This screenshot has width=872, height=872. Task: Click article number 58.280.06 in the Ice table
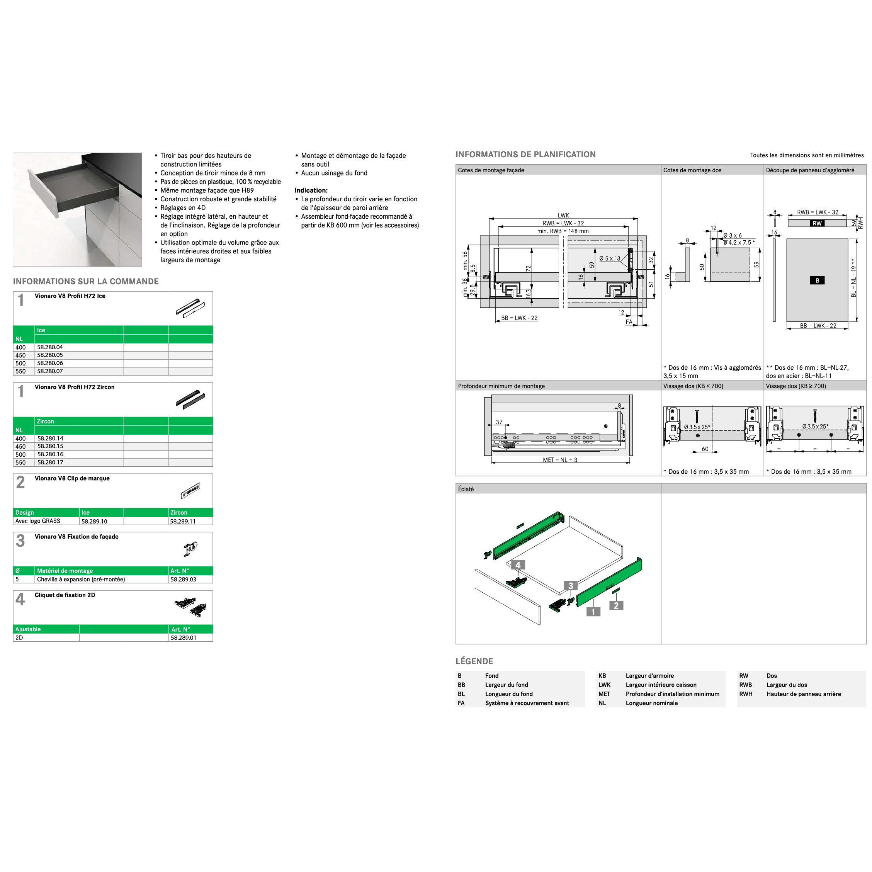pos(50,363)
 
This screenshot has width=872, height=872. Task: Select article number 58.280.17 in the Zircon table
pos(50,462)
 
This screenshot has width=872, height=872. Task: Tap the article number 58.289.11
pos(183,521)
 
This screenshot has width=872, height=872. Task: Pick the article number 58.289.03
pos(183,580)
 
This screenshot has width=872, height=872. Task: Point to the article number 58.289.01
pos(183,638)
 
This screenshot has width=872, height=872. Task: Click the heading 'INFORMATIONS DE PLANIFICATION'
pos(525,155)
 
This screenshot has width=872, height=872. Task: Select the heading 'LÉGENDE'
pos(474,661)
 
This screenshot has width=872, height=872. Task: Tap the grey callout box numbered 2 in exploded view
pos(616,606)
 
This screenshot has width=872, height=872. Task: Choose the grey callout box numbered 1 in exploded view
pos(593,612)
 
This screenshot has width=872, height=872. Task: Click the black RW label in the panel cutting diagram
pos(817,223)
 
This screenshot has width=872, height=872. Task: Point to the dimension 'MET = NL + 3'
pos(560,460)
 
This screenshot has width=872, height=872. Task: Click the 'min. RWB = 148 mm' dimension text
pos(563,231)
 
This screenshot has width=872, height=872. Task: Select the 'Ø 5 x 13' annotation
pos(610,258)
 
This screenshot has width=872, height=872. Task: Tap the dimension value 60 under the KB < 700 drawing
pos(705,449)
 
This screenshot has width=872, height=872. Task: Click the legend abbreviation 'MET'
pos(604,694)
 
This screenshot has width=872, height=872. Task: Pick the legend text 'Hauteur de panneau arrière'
pos(803,694)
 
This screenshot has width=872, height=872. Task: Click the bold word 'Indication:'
pos(311,190)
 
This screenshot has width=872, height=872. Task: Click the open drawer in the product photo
pos(72,185)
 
